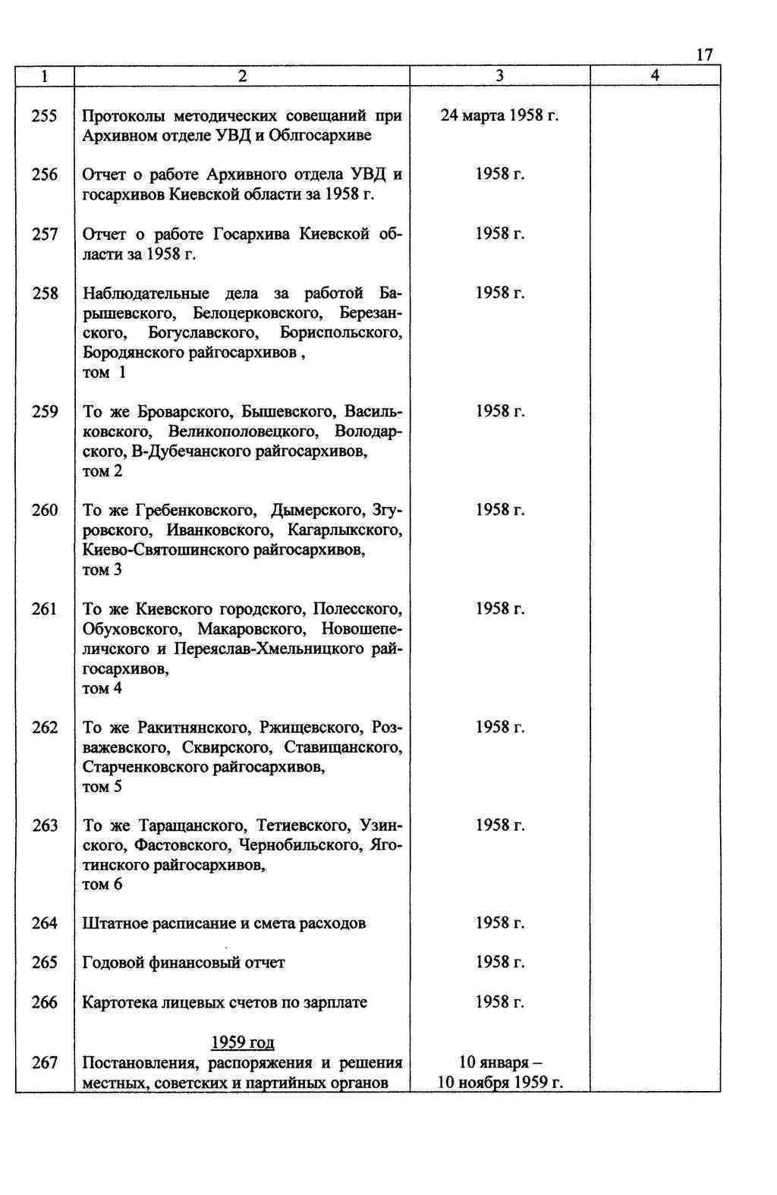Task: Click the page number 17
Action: [703, 55]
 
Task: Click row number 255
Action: [45, 116]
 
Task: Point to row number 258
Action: [45, 293]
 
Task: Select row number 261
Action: [45, 609]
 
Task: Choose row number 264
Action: [45, 923]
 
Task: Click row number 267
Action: [45, 1063]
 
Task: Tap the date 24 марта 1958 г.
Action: [499, 116]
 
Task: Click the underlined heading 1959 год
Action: [242, 1042]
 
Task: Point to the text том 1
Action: [104, 373]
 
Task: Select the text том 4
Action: [102, 688]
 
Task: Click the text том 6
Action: [102, 885]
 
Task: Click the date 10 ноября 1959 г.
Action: [499, 1082]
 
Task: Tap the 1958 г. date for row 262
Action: [499, 727]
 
